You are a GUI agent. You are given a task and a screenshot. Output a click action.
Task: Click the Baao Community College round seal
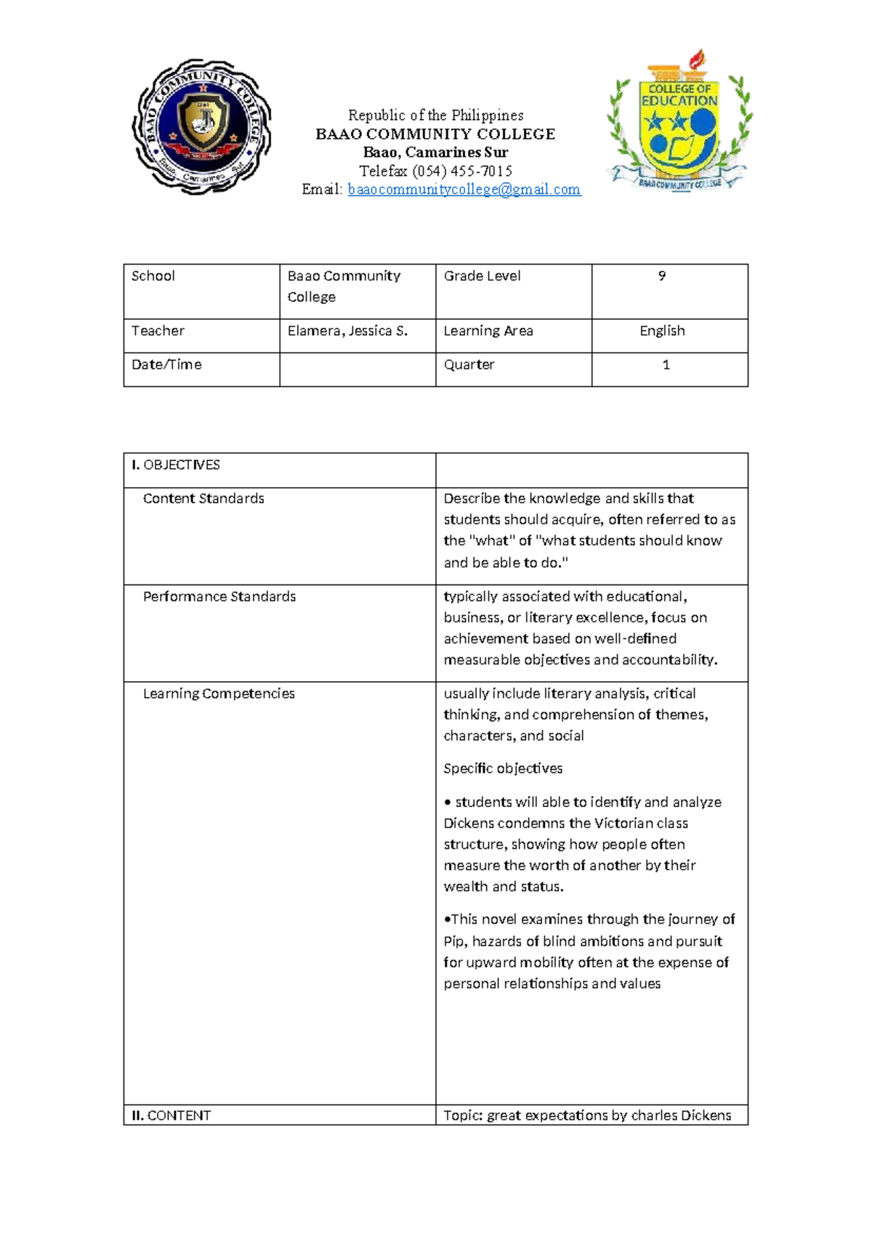pos(201,126)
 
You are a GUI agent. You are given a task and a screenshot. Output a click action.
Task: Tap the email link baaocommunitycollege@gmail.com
pos(464,190)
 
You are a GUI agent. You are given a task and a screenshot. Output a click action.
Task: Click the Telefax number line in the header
pos(435,172)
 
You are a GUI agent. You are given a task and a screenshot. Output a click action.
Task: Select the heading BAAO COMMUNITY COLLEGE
pos(435,134)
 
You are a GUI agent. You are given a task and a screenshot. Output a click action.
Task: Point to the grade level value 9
pos(661,276)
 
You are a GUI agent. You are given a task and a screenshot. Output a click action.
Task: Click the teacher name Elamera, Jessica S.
pos(347,332)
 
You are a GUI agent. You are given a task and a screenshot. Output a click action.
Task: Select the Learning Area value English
pos(662,332)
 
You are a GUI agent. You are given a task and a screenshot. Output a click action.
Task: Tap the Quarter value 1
pos(666,365)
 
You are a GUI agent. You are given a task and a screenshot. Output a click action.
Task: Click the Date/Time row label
pos(166,365)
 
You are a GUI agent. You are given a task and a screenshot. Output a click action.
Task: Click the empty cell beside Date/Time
pos(357,369)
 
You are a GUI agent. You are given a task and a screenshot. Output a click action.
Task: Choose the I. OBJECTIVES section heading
pos(176,465)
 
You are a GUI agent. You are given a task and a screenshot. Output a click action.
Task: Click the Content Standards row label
pos(203,499)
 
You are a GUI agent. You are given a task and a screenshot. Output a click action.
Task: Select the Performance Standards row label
pos(219,597)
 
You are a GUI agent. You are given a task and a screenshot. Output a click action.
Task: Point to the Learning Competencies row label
pos(219,694)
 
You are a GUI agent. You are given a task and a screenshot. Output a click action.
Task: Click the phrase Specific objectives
pos(503,769)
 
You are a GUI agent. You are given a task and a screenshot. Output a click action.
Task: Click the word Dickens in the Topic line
pos(706,1116)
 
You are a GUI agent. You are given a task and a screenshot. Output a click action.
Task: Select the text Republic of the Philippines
pos(435,116)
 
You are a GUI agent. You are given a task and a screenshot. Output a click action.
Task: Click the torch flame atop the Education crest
pos(698,58)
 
